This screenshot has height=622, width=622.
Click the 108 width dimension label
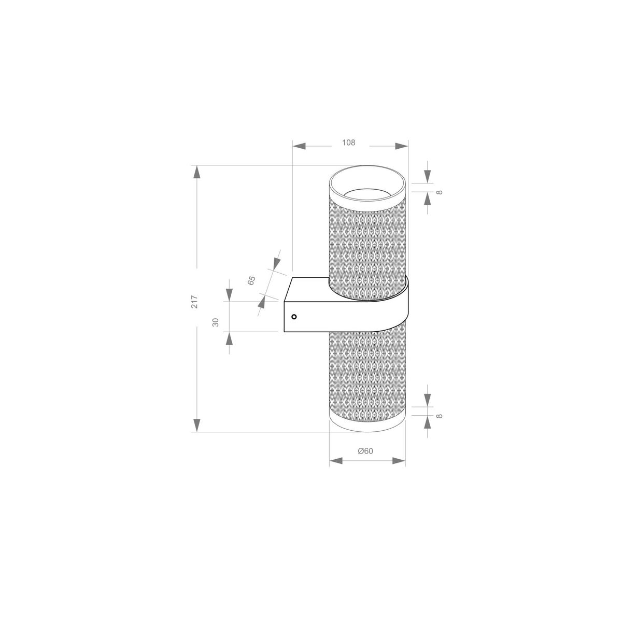349,143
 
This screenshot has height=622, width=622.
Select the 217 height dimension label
194,302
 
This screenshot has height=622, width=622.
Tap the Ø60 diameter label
366,451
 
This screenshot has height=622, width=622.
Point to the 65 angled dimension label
251,281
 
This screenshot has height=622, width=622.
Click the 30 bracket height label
216,322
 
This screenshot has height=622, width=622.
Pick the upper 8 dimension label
439,192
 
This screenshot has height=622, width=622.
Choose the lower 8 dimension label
439,416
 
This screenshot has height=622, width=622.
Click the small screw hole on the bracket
294,316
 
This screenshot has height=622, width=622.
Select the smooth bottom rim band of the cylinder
367,425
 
